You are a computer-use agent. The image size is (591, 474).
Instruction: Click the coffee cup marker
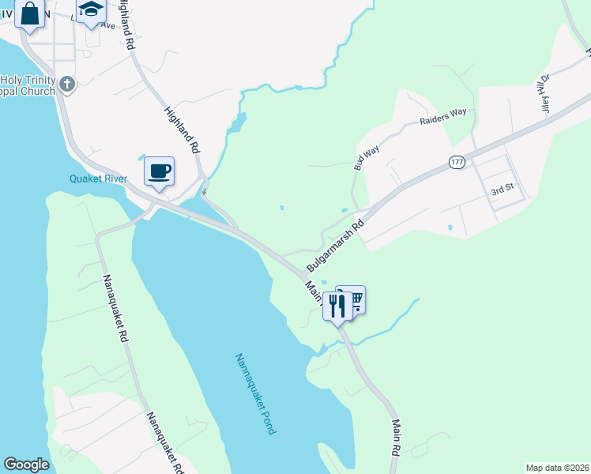159,171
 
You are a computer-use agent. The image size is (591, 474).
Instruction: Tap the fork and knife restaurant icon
337,305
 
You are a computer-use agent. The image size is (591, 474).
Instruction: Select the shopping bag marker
30,14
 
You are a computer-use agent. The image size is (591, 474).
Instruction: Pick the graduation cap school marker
91,11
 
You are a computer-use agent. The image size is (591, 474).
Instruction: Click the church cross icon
67,84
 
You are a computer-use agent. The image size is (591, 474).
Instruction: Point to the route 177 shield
457,162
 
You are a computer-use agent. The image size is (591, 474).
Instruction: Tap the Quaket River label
99,179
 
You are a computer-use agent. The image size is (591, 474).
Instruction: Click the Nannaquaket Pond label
254,393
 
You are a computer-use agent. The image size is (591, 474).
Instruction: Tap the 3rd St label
503,191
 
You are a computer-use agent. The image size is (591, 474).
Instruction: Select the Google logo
26,465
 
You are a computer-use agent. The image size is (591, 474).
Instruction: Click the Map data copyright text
557,467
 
